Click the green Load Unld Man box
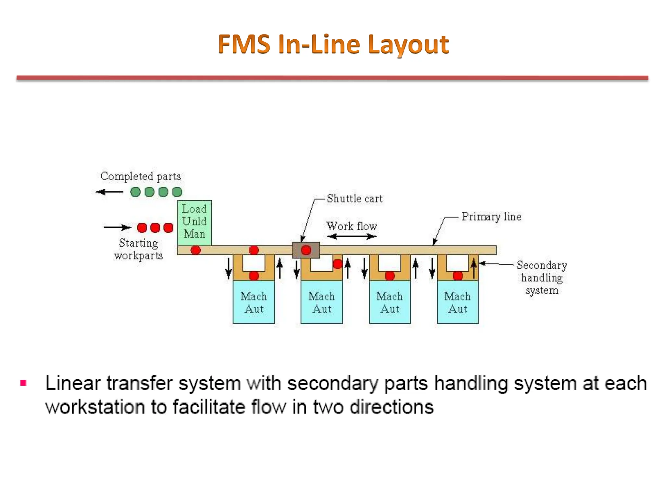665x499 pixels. tap(194, 223)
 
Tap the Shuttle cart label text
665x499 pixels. tap(354, 198)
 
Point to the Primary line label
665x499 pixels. tap(491, 217)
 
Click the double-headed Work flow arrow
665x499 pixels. tap(352, 237)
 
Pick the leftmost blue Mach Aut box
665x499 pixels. tap(254, 302)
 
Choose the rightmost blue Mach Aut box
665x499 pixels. tap(458, 302)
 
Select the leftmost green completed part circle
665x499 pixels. tap(135, 192)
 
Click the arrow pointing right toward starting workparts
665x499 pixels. tap(117, 227)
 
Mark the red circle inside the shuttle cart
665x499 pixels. tap(306, 250)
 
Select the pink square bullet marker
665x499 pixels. tap(23, 383)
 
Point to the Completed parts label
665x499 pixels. tap(141, 176)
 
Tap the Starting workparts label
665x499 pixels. tap(139, 249)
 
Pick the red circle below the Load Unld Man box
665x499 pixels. tap(195, 250)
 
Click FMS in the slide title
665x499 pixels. tap(244, 44)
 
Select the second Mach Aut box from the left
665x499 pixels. tap(321, 302)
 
